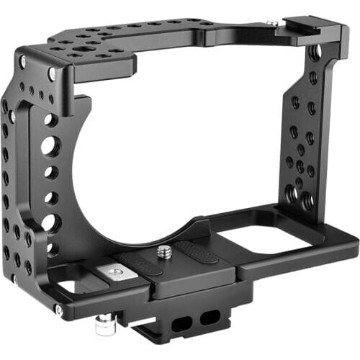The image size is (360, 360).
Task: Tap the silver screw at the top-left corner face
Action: (x=52, y=73)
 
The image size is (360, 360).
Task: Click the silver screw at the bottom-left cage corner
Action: (x=58, y=309)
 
